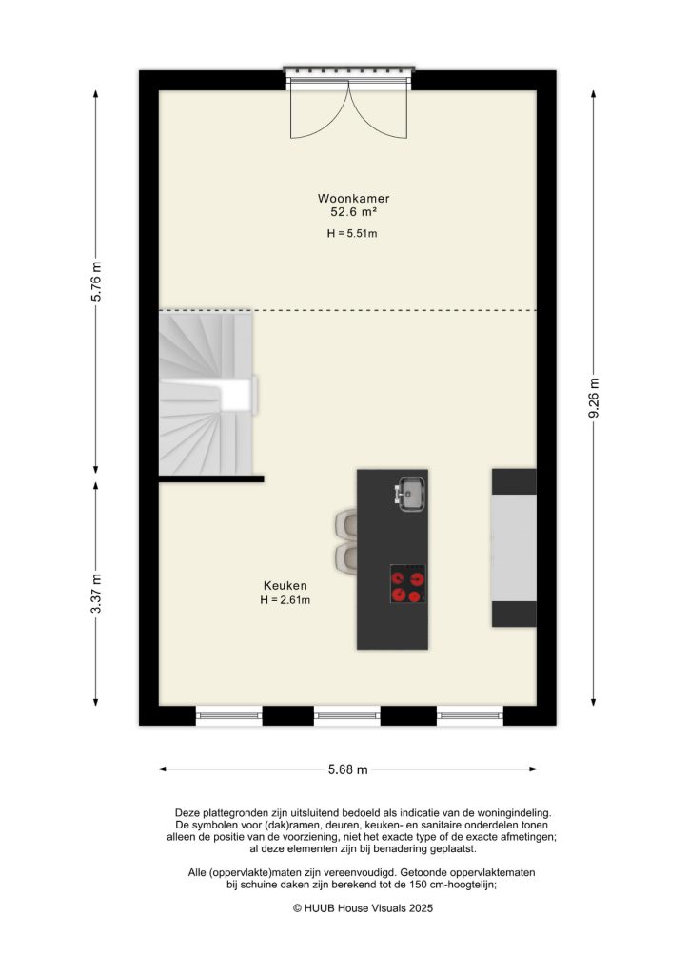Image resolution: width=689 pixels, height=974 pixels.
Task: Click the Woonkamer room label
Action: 354,199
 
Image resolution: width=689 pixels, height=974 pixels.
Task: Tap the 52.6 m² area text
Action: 354,213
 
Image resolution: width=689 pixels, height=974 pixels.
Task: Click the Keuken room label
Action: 285,586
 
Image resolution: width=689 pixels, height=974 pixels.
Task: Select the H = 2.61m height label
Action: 285,600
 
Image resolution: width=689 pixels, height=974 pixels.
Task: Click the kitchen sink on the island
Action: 410,494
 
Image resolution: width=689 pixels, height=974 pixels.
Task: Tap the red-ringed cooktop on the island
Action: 408,584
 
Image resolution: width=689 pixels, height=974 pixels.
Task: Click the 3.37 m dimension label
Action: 96,594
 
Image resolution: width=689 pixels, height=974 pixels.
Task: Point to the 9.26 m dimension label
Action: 595,397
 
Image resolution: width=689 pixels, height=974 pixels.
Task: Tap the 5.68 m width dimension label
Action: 347,769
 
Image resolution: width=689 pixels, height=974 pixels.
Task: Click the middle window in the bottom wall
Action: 346,715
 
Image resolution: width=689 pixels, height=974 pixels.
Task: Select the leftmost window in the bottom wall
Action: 228,715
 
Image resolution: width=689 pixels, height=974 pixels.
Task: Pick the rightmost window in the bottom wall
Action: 469,715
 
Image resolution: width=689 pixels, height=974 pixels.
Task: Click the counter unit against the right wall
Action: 514,548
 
